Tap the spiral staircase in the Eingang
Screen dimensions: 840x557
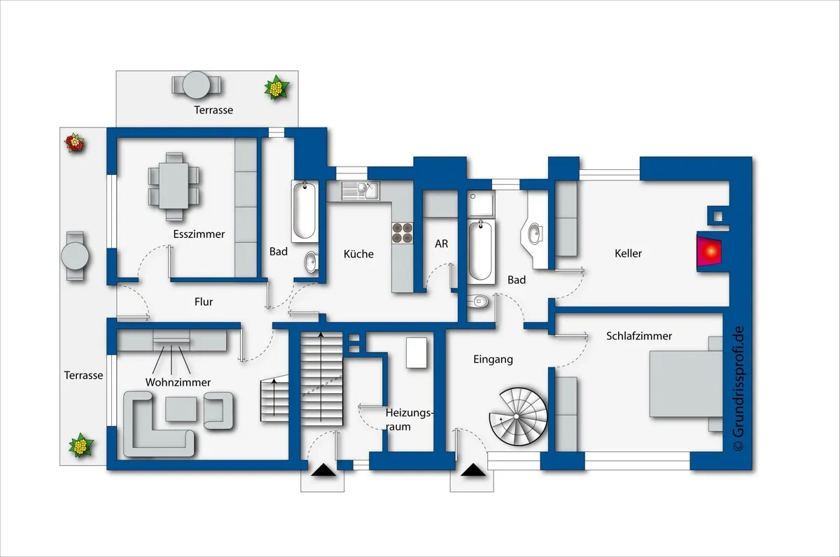coord(518,416)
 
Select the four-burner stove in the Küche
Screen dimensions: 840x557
coord(402,233)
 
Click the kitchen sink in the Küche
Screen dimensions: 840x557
coord(360,190)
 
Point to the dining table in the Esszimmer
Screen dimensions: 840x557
coord(174,186)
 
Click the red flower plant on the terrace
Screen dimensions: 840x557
coord(75,143)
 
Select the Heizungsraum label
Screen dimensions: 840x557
coord(409,420)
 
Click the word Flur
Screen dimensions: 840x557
coord(204,302)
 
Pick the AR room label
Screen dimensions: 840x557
coord(442,244)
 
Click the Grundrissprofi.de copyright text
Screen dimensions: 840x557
coord(738,388)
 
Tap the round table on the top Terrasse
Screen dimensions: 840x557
coord(196,85)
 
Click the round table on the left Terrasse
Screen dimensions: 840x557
coord(75,256)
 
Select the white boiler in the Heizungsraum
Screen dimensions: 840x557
coord(416,353)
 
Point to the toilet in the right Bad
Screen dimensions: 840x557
coord(478,301)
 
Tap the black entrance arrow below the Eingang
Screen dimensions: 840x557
coord(473,470)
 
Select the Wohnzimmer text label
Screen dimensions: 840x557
coord(178,382)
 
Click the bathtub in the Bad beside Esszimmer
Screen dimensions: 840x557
coord(304,211)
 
